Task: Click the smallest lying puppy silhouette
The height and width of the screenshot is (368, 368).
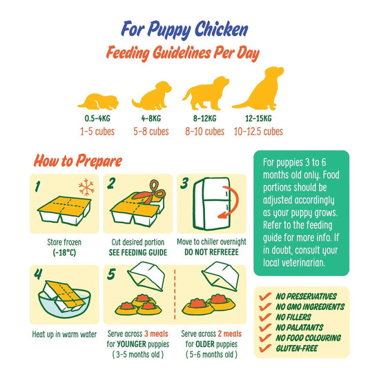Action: [x=99, y=101]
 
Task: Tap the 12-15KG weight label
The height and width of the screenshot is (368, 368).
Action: [x=258, y=118]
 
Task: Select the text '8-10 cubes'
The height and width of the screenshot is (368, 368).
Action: [x=204, y=131]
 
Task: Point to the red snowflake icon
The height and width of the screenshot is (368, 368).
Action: [x=86, y=187]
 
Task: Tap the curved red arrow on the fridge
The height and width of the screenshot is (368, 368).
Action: [x=230, y=202]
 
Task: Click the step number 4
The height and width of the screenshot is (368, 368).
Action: [x=38, y=273]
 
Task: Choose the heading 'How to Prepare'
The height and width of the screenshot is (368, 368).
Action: [x=78, y=161]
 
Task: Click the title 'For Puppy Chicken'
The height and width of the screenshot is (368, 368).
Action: [x=184, y=30]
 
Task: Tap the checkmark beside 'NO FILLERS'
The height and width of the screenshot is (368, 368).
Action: [x=265, y=318]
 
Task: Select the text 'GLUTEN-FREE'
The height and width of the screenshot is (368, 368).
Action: [x=297, y=348]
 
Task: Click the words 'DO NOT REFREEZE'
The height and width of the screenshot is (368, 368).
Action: [x=211, y=252]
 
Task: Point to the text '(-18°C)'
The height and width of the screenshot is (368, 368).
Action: [x=64, y=253]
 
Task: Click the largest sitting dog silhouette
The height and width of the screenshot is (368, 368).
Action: [x=258, y=88]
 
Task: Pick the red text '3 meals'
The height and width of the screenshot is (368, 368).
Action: [x=156, y=333]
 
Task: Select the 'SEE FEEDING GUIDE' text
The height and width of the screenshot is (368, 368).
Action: [x=138, y=253]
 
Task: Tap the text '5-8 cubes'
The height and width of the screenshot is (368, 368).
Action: [x=151, y=131]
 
